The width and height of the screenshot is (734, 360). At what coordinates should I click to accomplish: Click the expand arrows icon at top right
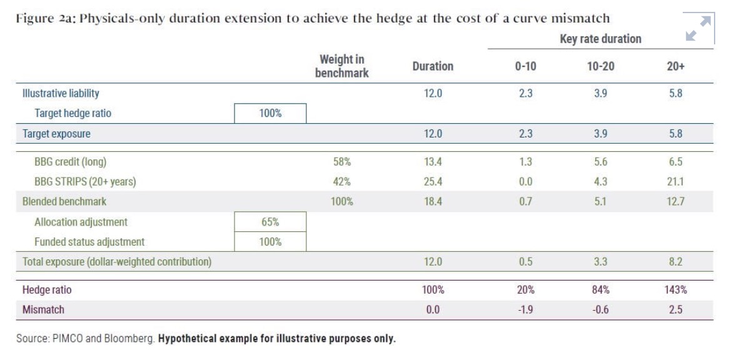[x=698, y=29]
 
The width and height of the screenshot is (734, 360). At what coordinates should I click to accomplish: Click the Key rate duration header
[x=600, y=39]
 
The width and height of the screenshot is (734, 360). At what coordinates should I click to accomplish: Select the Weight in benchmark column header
[x=341, y=66]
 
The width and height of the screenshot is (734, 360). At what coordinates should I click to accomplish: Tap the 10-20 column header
[x=600, y=66]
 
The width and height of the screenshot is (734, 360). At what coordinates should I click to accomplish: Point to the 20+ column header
[x=675, y=66]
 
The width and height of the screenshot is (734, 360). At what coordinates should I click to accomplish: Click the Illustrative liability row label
[x=61, y=93]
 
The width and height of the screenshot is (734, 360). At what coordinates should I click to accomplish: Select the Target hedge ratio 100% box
[x=270, y=113]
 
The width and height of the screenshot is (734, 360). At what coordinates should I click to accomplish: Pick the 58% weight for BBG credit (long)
[x=341, y=162]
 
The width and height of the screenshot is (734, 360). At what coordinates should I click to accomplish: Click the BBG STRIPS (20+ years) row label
[x=85, y=182]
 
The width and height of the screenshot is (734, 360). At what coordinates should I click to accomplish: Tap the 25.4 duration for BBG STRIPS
[x=432, y=182]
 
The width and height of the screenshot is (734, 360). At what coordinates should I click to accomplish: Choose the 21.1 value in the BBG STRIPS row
[x=675, y=182]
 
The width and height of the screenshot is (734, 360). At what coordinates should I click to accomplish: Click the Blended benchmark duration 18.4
[x=432, y=202]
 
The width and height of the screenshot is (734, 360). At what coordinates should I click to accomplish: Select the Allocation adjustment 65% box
[x=270, y=222]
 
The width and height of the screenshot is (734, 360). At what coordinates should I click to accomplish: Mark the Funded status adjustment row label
[x=89, y=242]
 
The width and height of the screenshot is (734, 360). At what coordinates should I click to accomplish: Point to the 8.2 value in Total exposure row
[x=675, y=262]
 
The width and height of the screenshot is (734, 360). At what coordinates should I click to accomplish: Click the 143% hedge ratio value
[x=675, y=290]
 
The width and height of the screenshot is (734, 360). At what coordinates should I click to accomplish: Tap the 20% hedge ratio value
[x=525, y=290]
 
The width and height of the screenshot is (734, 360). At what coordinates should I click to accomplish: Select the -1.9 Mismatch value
[x=525, y=309]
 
